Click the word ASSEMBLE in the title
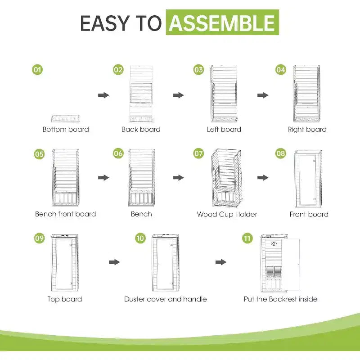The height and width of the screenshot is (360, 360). point(222,23)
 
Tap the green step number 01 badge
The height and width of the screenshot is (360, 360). point(37,70)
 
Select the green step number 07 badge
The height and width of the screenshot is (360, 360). point(198,153)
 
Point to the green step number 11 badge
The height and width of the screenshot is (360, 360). point(247,238)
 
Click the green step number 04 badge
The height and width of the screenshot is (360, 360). point(280,70)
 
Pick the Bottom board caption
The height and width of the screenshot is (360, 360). point(66,130)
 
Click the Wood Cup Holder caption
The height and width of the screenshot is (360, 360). point(227,215)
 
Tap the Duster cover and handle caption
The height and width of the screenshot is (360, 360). point(165,299)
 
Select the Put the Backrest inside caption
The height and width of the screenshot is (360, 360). point(280,299)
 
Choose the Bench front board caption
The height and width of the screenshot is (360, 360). point(65,214)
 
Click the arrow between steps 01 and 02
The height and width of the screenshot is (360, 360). point(103,95)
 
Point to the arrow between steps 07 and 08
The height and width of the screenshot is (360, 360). point(263,177)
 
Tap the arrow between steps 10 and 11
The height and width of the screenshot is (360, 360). point(221,262)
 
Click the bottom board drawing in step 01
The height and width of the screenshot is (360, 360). point(66,118)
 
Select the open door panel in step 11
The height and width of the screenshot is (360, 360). point(291,265)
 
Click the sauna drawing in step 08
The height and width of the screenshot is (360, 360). point(308,179)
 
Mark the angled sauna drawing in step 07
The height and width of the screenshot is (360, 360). point(226,178)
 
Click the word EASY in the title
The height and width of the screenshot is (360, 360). point(105,23)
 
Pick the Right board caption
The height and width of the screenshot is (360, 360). point(307,130)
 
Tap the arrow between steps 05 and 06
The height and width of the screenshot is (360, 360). point(103,177)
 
